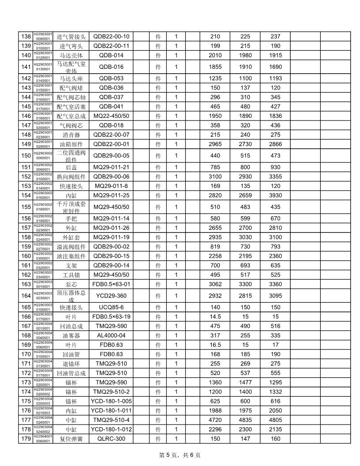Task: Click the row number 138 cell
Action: (x=25, y=36)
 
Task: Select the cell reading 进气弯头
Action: (x=71, y=46)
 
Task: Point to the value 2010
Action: (x=215, y=55)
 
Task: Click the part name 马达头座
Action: (x=71, y=78)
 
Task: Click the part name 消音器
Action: (x=71, y=134)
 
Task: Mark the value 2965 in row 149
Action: (x=215, y=143)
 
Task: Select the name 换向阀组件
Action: (x=71, y=177)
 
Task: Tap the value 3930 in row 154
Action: (x=275, y=195)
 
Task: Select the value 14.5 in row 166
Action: (x=215, y=316)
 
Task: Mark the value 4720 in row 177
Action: (x=215, y=420)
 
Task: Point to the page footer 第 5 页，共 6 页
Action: (x=180, y=455)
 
